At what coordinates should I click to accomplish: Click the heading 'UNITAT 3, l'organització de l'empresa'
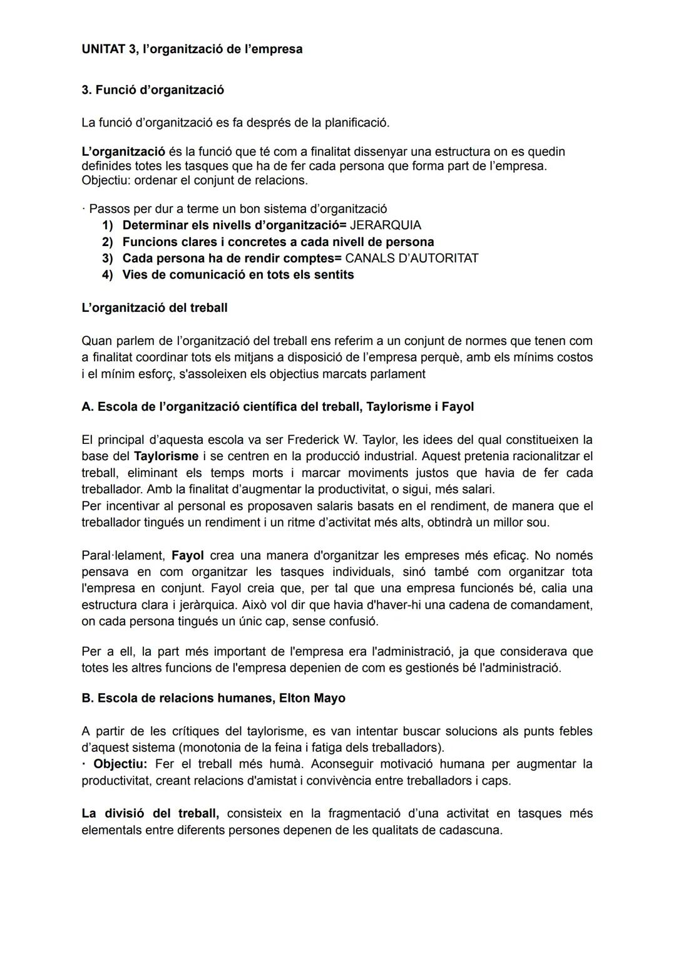click(x=192, y=49)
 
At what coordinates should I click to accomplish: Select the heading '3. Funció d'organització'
click(x=153, y=90)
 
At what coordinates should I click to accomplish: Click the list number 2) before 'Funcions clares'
click(x=108, y=242)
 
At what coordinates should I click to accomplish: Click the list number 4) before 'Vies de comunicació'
click(x=108, y=274)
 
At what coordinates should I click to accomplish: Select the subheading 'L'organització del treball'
click(x=154, y=307)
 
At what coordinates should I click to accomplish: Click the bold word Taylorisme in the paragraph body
click(x=166, y=456)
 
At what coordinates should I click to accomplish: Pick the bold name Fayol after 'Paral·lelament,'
click(x=187, y=555)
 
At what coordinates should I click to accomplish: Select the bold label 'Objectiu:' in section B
click(x=120, y=764)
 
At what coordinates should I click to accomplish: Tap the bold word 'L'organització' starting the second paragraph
click(x=123, y=152)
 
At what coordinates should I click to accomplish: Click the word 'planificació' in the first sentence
click(x=356, y=123)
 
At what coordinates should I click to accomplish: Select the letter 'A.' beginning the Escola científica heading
click(x=88, y=406)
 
